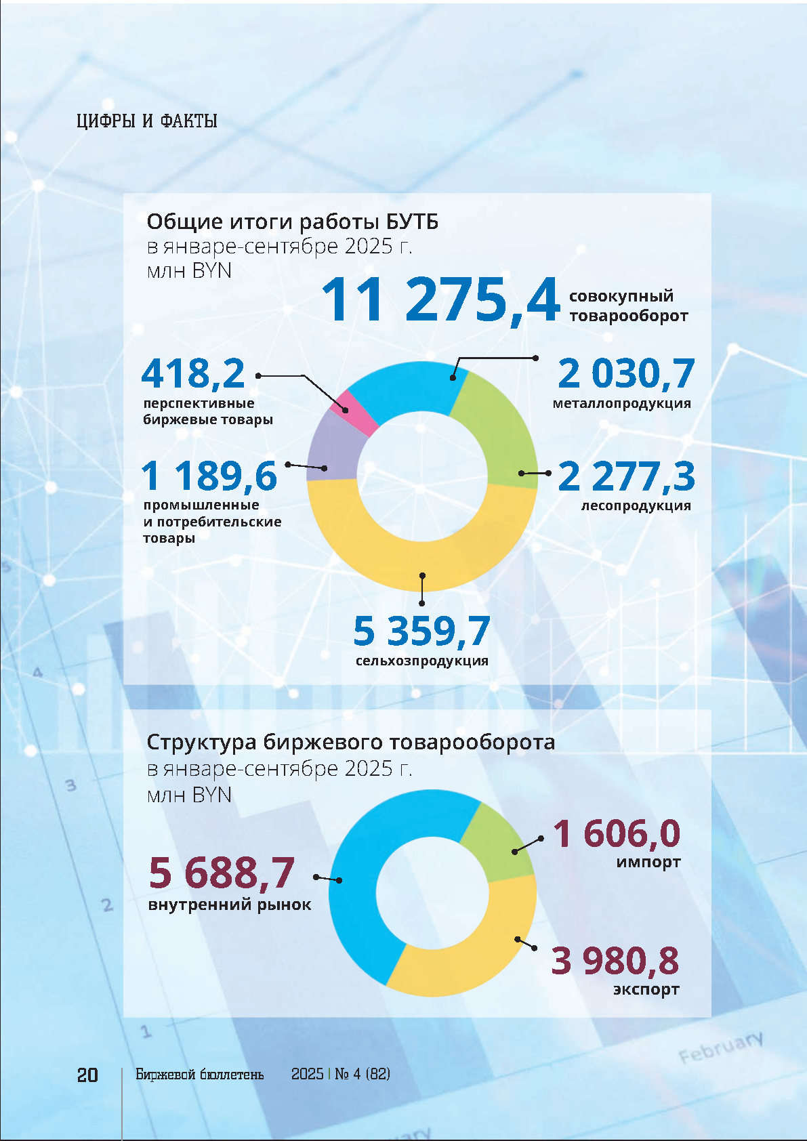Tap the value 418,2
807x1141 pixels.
(193, 373)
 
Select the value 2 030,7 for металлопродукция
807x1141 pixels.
(626, 373)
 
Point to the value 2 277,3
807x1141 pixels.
(626, 476)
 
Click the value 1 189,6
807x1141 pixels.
(209, 476)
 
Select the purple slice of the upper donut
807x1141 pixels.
(332, 447)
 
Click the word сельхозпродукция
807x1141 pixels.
(421, 661)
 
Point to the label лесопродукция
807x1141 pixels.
(636, 505)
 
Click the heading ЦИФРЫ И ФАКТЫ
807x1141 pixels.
(146, 121)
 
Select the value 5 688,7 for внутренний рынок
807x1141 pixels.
(222, 872)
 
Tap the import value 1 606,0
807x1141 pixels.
(617, 833)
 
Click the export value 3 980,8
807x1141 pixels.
(615, 960)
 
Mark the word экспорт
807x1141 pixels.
(646, 989)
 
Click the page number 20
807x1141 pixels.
(87, 1075)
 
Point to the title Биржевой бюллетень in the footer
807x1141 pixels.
(199, 1075)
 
